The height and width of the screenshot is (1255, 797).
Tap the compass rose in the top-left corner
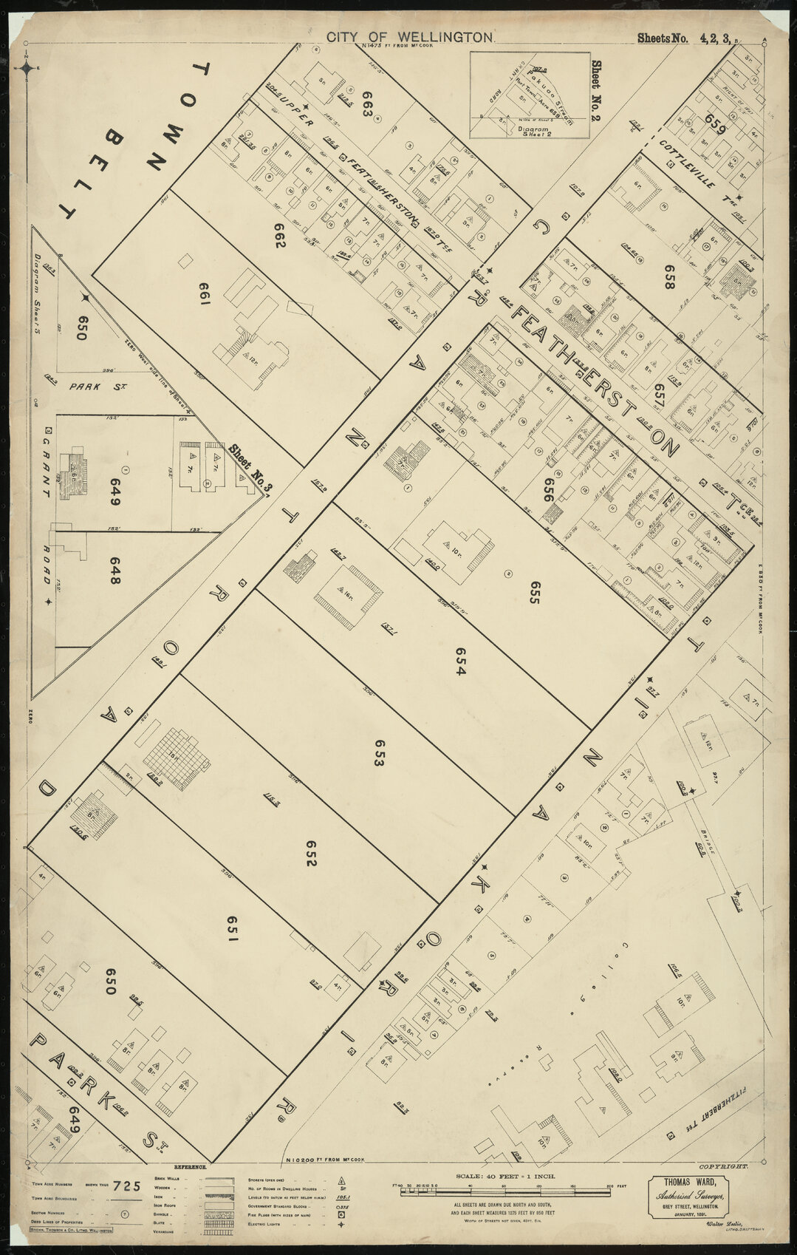[27, 69]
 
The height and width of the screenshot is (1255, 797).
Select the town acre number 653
[379, 754]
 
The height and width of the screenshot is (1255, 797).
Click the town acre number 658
[670, 276]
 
